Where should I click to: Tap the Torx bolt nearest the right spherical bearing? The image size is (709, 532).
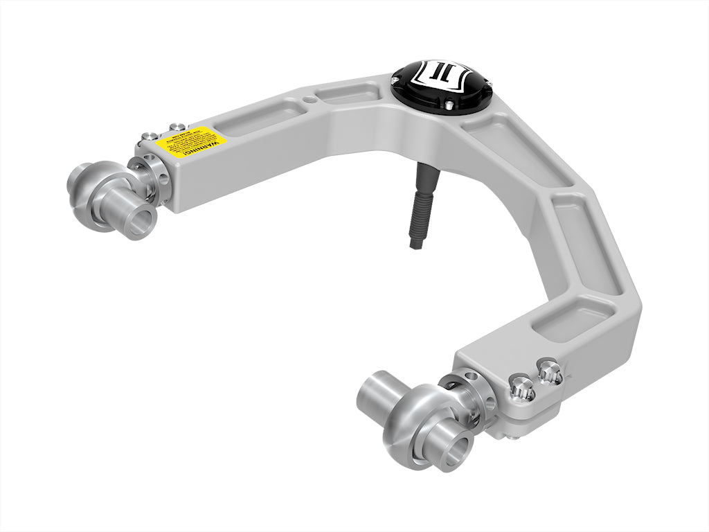click(521, 388)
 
